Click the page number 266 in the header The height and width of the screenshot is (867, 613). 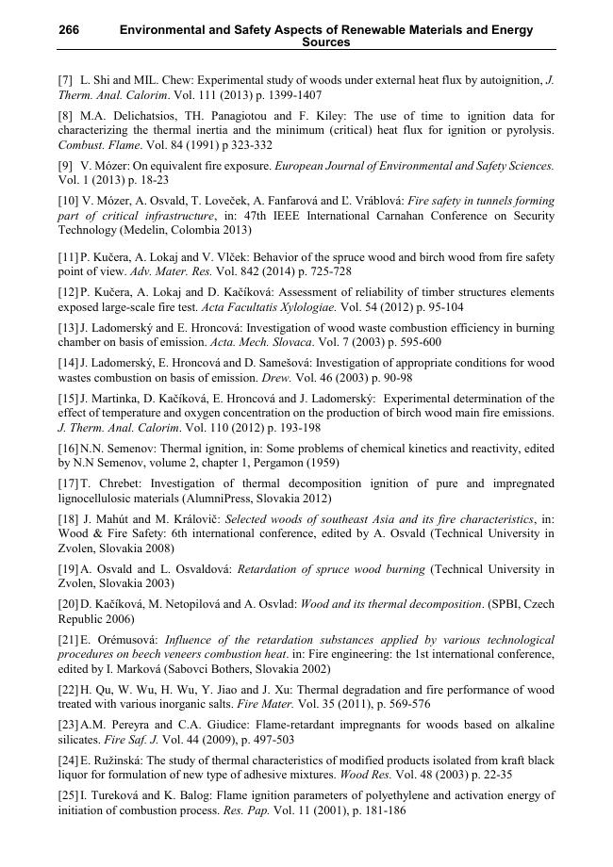point(69,30)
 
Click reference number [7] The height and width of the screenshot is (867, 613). point(66,81)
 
